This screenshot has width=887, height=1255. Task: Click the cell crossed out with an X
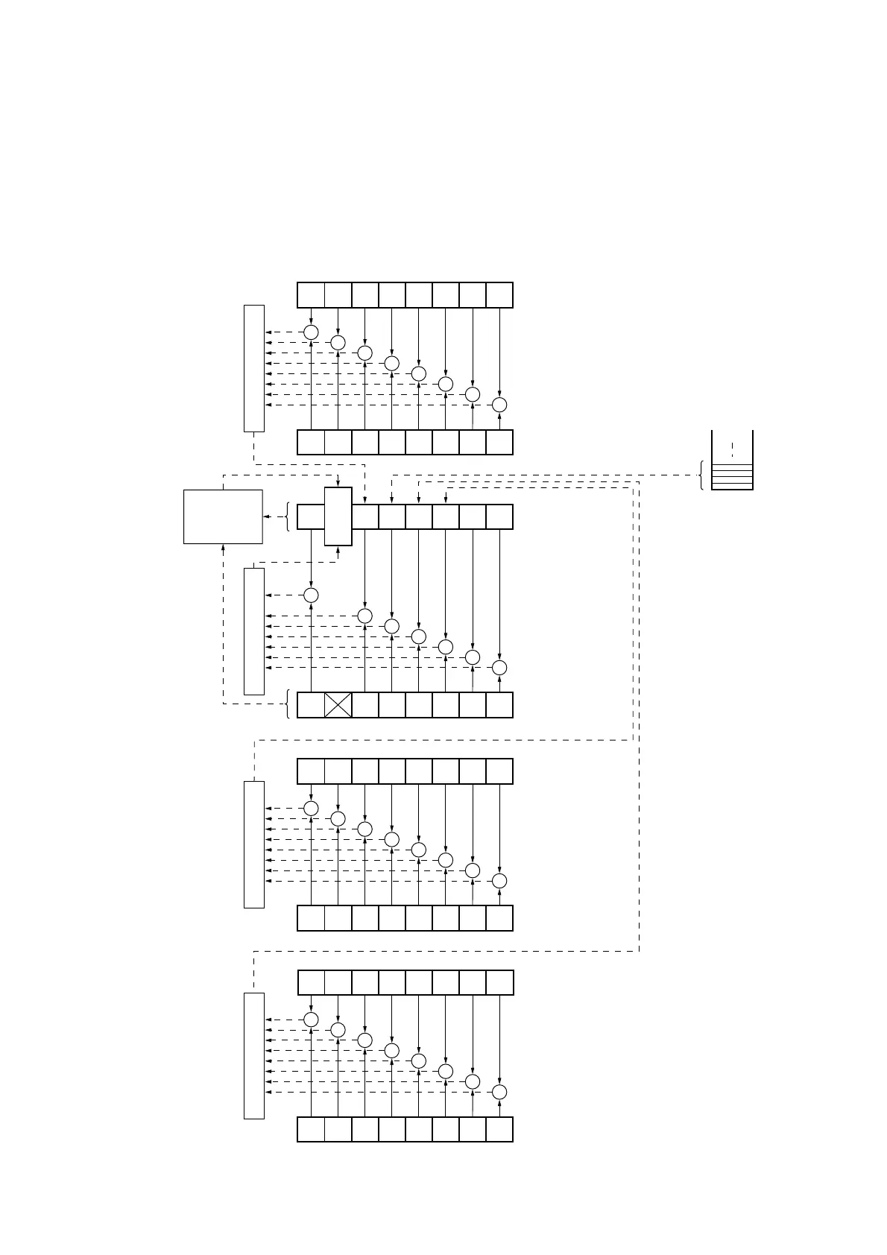click(x=338, y=705)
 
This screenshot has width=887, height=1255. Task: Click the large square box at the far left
click(x=223, y=516)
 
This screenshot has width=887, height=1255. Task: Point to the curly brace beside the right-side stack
click(x=701, y=475)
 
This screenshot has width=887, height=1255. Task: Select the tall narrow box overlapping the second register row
click(x=338, y=516)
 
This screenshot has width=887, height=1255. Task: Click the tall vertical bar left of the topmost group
click(x=254, y=368)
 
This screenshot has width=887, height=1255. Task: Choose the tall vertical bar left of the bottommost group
click(x=254, y=1055)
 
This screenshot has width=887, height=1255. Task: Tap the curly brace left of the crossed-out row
click(x=288, y=704)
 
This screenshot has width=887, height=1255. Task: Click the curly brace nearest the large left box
click(x=288, y=516)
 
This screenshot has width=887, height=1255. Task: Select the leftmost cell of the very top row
click(x=311, y=295)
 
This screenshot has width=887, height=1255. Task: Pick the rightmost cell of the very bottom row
click(x=499, y=1129)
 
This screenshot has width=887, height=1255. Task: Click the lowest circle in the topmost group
click(x=499, y=405)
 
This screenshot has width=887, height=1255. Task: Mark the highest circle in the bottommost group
click(x=312, y=1020)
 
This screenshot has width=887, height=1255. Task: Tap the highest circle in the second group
click(x=312, y=595)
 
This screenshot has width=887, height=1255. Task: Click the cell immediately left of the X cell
click(x=311, y=705)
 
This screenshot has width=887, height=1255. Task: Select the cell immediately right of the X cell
click(x=365, y=705)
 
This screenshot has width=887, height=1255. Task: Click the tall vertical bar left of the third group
click(x=254, y=844)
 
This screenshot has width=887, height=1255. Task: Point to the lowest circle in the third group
click(x=499, y=881)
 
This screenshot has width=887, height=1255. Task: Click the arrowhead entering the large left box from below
click(x=224, y=548)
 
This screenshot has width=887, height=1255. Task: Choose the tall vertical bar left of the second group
click(x=254, y=631)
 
